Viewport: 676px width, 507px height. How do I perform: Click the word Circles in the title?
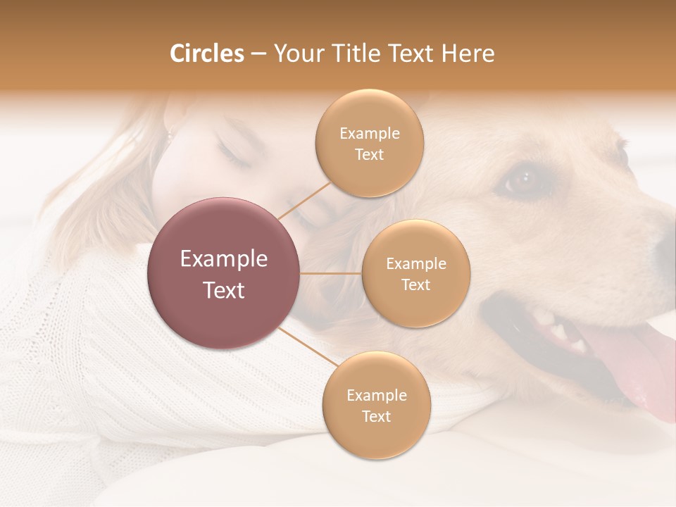click(x=206, y=54)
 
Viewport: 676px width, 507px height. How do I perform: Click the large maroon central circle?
click(x=224, y=273)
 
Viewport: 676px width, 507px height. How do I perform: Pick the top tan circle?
click(x=369, y=143)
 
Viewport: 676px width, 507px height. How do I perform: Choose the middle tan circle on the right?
click(x=415, y=273)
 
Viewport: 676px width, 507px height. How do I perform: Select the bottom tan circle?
click(x=376, y=405)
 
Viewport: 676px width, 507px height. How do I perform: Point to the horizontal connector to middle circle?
click(x=331, y=273)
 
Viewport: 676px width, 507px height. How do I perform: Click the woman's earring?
click(x=169, y=134)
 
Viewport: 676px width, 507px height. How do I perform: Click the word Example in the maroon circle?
click(x=224, y=258)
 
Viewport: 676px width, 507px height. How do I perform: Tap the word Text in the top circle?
click(x=369, y=154)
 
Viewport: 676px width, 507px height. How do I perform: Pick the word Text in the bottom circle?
click(x=376, y=416)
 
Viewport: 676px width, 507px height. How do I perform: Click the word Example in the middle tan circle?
click(x=415, y=263)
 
